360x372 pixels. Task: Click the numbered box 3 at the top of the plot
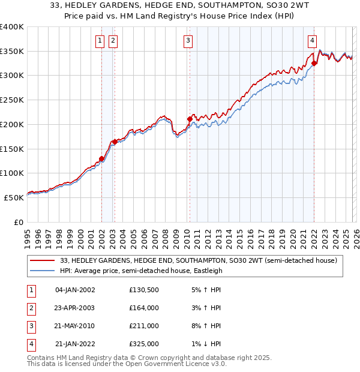pyautogui.click(x=188, y=41)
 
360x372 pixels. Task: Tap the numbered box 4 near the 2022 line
pyautogui.click(x=313, y=41)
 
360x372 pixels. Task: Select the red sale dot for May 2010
pyautogui.click(x=190, y=119)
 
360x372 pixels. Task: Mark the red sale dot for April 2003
pyautogui.click(x=115, y=142)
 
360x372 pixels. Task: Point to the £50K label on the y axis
pyautogui.click(x=14, y=197)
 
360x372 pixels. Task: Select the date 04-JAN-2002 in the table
pyautogui.click(x=74, y=290)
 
